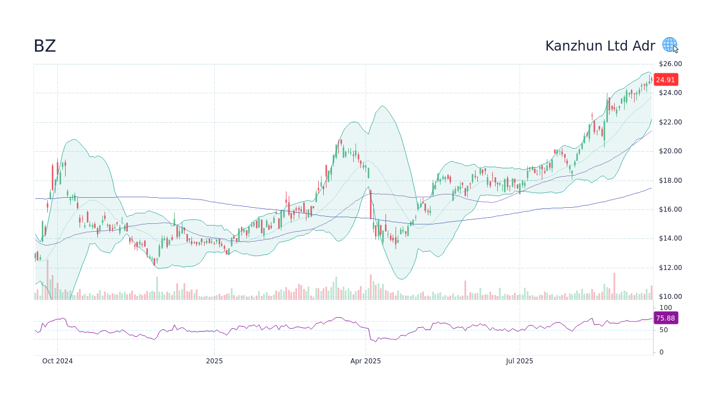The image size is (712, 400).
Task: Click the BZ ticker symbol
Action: coord(44,46)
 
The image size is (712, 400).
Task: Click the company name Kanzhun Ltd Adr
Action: coord(600,46)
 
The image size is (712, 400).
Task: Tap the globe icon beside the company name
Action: coord(669,44)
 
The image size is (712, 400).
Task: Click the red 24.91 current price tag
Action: coord(665,79)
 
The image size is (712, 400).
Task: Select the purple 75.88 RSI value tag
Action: coord(665,318)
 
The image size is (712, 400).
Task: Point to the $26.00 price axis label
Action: coord(670,64)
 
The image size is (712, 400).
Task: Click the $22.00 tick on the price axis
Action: coord(670,122)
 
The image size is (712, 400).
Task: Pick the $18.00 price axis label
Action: coord(670,181)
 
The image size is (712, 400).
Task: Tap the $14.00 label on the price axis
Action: coord(670,238)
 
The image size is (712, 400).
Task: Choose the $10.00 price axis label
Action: coord(670,297)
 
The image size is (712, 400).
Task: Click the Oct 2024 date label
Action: coord(57,361)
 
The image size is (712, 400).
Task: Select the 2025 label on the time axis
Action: coord(214,361)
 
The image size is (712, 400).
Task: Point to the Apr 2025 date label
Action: coord(365,361)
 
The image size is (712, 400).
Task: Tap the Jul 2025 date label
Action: coord(520,361)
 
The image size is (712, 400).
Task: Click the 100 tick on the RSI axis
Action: coord(666,308)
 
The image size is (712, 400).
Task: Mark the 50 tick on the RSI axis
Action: coord(664,330)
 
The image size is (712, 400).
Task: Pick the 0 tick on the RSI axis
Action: coord(661,352)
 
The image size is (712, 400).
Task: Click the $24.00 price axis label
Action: coord(670,93)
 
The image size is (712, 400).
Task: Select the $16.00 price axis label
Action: coord(670,209)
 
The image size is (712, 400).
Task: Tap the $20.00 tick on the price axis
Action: coord(670,151)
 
